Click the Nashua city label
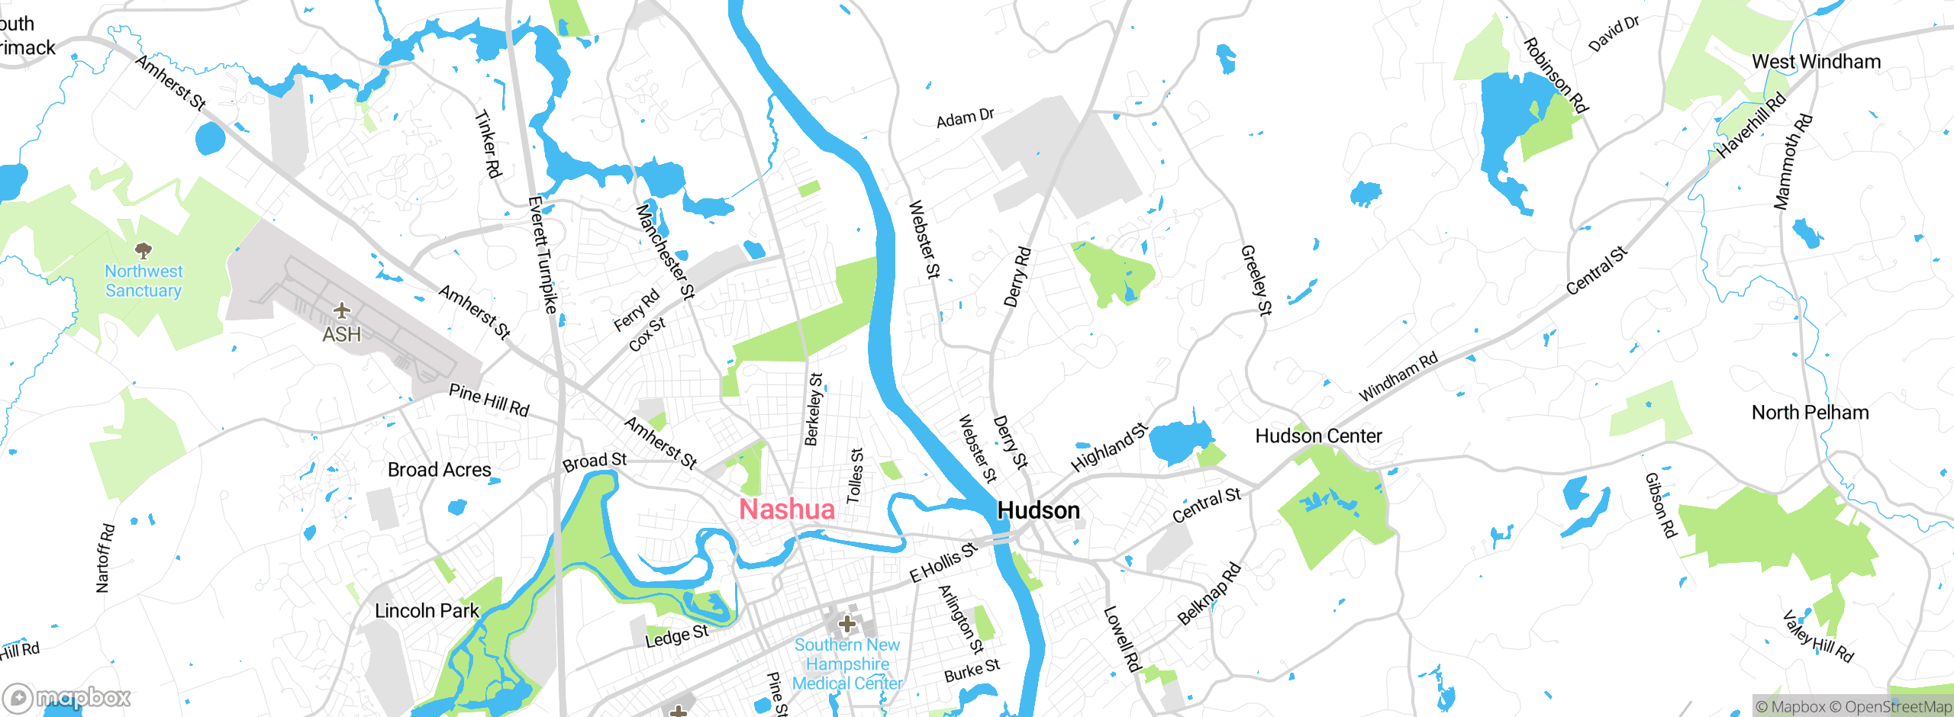(x=787, y=510)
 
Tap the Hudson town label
(x=1039, y=510)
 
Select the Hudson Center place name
(x=1318, y=436)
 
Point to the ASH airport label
(x=341, y=335)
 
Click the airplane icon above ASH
(x=341, y=310)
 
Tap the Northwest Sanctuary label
(x=143, y=281)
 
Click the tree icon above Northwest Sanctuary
(x=143, y=250)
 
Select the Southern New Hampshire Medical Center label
(x=847, y=664)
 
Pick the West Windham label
(x=1816, y=62)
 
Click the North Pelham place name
(x=1810, y=413)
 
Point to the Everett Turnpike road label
(x=543, y=255)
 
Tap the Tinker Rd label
(x=488, y=144)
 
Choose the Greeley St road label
(x=1256, y=280)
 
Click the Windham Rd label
(x=1398, y=376)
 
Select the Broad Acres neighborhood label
(x=439, y=470)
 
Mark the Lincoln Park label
(x=427, y=611)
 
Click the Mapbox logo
(x=67, y=697)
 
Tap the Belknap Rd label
(x=1209, y=593)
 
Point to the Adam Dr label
(x=965, y=118)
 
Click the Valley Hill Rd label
(x=1817, y=636)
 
